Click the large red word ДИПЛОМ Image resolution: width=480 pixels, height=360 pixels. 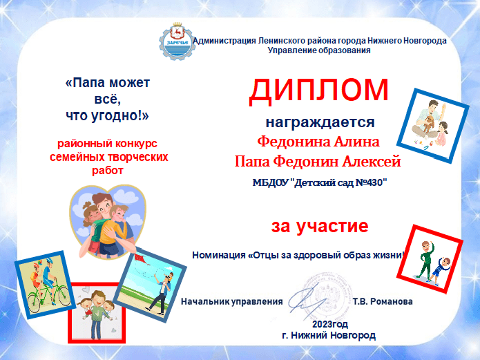click(x=318, y=89)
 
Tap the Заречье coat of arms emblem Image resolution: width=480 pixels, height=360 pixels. click(x=176, y=41)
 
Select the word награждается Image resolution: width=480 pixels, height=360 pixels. click(x=320, y=122)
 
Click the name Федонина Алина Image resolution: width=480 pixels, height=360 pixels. click(x=318, y=142)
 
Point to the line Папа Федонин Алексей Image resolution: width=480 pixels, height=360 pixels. click(x=318, y=161)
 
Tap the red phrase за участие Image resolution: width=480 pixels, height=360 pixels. click(x=320, y=227)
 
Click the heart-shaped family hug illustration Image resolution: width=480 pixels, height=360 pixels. click(x=107, y=221)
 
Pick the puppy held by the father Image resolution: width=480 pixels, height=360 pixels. click(x=428, y=122)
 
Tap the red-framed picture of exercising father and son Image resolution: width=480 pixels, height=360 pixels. click(x=430, y=259)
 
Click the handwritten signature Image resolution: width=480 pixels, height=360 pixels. click(x=306, y=301)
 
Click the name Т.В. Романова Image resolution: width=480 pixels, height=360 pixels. click(x=383, y=301)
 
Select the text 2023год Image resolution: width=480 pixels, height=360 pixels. click(x=330, y=324)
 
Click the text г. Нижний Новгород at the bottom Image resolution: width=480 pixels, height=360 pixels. click(x=329, y=336)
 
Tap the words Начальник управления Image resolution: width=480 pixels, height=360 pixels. click(x=232, y=301)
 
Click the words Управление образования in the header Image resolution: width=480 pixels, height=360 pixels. click(x=319, y=50)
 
